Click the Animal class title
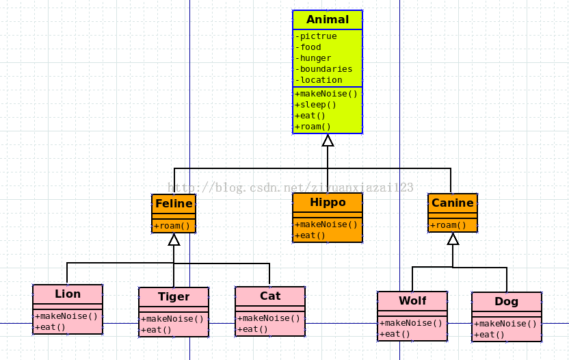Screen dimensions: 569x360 click(328, 19)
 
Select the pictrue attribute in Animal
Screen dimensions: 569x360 click(316, 36)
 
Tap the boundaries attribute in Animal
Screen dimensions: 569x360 click(323, 69)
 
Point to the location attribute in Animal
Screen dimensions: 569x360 click(319, 80)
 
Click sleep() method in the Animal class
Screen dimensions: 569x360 click(315, 105)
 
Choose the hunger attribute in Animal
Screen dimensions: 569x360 click(313, 58)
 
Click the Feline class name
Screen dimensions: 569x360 click(174, 203)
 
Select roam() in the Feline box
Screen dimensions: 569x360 click(172, 226)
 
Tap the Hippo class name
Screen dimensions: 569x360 click(328, 203)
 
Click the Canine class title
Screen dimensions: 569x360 click(453, 203)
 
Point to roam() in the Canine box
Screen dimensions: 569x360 click(448, 225)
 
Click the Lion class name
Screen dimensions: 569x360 click(68, 294)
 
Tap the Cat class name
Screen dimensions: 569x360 click(270, 296)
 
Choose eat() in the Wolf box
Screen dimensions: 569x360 click(395, 334)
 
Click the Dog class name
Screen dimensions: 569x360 click(506, 302)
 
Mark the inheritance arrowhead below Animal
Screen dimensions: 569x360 click(328, 140)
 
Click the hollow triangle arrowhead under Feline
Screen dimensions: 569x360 click(174, 240)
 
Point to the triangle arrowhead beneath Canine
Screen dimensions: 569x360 click(453, 239)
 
